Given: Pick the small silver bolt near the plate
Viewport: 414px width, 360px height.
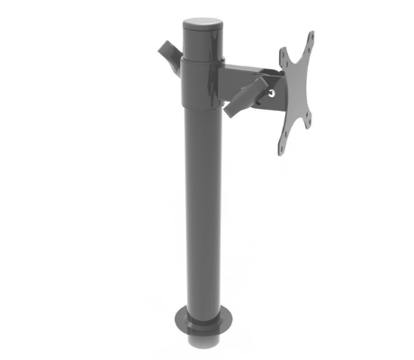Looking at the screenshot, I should (x=274, y=89).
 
